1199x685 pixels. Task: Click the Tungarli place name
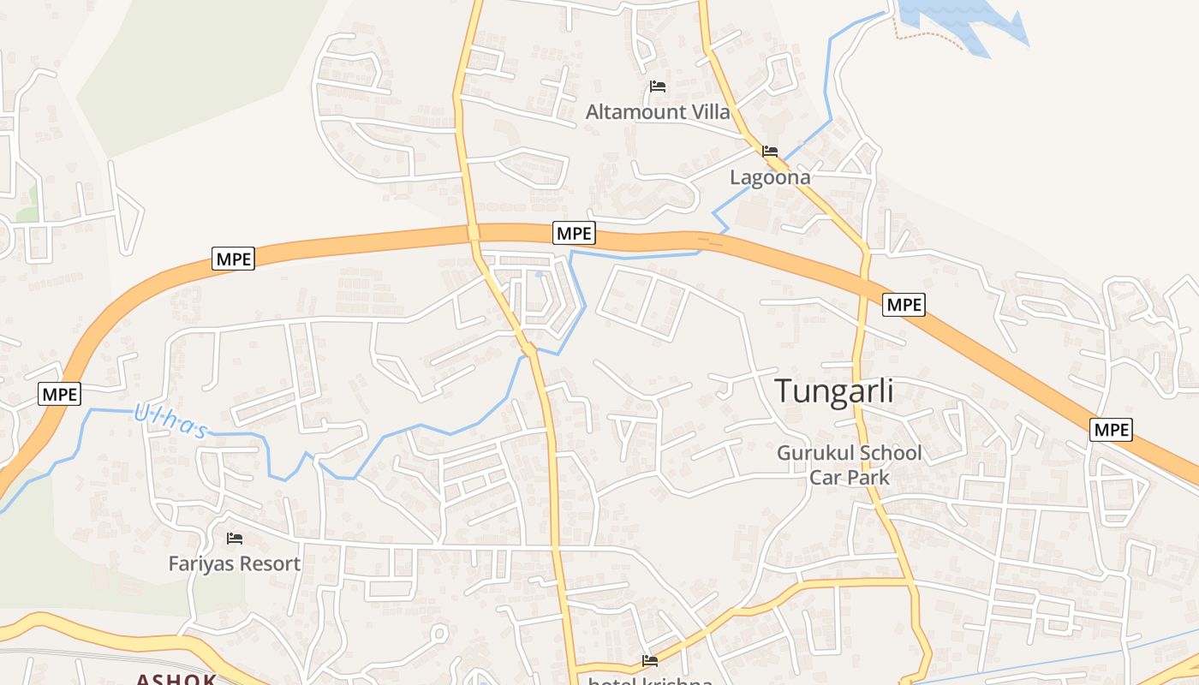834,391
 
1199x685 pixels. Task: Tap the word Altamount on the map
635,112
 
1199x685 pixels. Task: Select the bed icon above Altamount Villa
658,86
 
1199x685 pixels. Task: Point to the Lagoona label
770,177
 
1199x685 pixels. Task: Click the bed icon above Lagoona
770,152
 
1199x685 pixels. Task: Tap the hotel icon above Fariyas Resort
235,539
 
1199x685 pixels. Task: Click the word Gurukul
813,453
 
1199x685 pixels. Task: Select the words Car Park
850,477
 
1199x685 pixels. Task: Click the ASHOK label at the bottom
176,679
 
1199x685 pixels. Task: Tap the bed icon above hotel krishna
650,661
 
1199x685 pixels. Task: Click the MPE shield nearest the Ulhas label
60,395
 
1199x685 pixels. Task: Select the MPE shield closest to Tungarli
904,304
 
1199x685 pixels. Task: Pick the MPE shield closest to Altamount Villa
574,233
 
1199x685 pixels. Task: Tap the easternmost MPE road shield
1111,430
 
